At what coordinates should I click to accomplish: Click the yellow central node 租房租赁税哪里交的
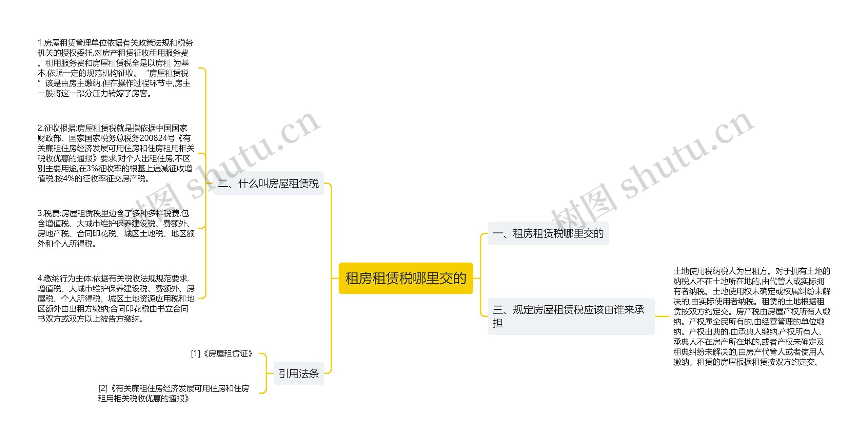[406, 278]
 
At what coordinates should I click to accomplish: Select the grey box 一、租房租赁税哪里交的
[548, 233]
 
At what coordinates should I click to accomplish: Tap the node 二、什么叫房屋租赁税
[268, 184]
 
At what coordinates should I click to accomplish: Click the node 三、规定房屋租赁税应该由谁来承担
[571, 316]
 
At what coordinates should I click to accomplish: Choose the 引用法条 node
[298, 373]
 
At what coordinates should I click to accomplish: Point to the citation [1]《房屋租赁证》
[222, 354]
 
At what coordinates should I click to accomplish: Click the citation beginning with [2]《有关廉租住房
[174, 393]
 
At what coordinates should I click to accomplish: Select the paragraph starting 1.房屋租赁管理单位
[115, 68]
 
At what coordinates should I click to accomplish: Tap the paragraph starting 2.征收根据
[116, 153]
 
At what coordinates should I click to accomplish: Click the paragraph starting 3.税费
[116, 228]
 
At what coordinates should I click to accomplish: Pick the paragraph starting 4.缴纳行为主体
[116, 299]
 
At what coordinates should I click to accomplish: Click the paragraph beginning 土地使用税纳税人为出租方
[751, 316]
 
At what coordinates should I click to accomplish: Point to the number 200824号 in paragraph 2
[157, 138]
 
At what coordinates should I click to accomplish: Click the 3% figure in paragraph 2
[92, 169]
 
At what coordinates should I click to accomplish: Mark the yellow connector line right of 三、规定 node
[662, 316]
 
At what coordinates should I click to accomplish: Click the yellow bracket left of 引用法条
[265, 373]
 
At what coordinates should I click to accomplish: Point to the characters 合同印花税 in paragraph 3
[96, 234]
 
